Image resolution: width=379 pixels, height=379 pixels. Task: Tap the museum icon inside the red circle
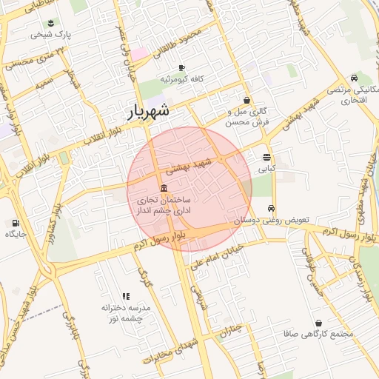coord(164,188)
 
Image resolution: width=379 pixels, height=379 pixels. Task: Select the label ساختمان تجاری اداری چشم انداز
coord(164,206)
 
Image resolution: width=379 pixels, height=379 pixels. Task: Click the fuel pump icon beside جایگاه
coord(15,223)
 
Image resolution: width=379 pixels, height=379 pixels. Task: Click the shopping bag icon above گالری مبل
coord(246,101)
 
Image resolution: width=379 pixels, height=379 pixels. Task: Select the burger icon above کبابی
coord(266,157)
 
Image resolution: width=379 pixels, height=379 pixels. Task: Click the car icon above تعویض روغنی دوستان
coord(272,209)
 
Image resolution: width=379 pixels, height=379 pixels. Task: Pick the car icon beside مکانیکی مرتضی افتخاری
coord(355,78)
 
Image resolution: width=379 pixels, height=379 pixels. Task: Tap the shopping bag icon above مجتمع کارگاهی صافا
coord(319,323)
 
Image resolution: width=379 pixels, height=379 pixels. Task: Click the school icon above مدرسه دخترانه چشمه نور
coord(125,295)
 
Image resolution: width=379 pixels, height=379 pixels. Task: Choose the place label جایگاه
coord(16,235)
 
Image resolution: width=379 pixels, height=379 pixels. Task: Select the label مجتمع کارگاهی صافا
coord(319,335)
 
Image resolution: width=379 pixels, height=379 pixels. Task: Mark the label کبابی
coord(266,169)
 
